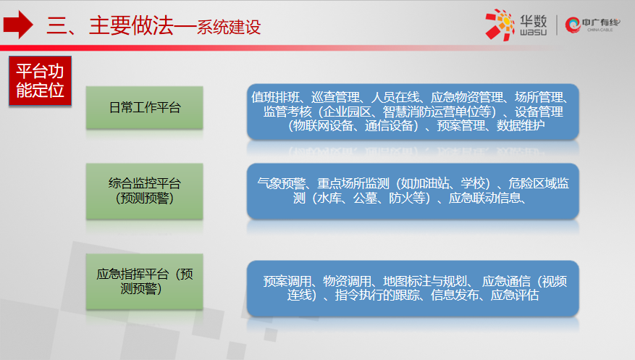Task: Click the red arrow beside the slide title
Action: click(18, 25)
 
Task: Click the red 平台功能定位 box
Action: click(40, 81)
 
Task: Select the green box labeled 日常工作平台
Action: click(145, 108)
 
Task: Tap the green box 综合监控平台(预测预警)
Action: click(145, 191)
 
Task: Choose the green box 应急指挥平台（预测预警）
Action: click(145, 282)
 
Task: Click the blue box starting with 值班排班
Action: click(413, 112)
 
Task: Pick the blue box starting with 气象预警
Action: click(413, 191)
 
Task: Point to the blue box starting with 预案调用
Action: click(413, 288)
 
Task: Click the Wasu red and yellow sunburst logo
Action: click(500, 25)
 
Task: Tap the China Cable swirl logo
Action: click(573, 25)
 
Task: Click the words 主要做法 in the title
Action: click(131, 25)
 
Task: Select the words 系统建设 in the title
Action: click(229, 27)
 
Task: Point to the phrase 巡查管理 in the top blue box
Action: click(335, 97)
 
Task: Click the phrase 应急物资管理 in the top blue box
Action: click(466, 97)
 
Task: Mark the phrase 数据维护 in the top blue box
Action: click(521, 125)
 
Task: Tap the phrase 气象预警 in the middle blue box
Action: click(282, 183)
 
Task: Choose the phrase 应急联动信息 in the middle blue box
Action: click(484, 198)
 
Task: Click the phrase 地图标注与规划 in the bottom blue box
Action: click(425, 281)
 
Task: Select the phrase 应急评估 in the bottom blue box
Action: click(515, 296)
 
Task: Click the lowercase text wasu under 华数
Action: click(534, 32)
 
